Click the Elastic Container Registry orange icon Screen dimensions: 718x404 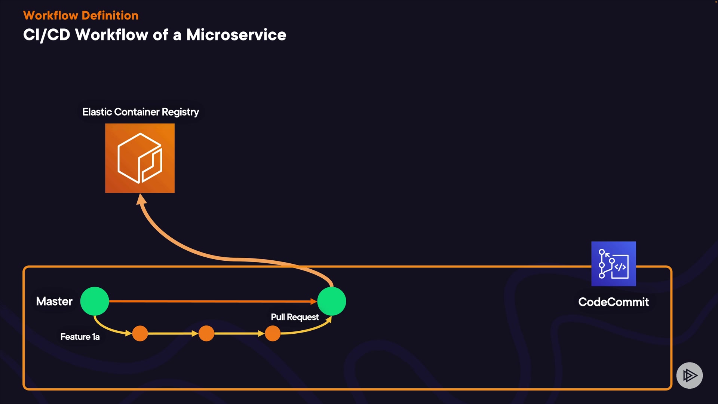click(140, 158)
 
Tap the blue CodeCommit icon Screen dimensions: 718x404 click(613, 264)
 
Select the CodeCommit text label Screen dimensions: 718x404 click(613, 302)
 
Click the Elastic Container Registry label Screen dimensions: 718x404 click(141, 112)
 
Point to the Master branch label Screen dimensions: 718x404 click(54, 301)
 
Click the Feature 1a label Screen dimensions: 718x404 click(80, 337)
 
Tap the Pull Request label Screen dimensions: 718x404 click(295, 317)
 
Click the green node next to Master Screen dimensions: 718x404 click(95, 301)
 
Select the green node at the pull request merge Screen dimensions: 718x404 click(332, 301)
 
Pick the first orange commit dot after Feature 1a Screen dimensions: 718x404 click(140, 333)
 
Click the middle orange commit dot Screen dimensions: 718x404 click(206, 333)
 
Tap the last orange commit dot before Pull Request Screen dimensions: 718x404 click(273, 333)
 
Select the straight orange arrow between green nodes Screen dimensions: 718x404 click(213, 301)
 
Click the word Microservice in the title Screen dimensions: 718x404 click(236, 35)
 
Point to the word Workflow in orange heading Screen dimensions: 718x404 click(50, 15)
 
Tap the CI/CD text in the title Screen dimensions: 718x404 click(47, 35)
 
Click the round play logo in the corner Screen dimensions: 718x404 click(690, 375)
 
